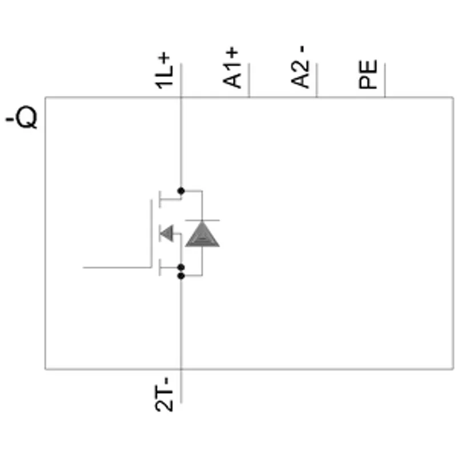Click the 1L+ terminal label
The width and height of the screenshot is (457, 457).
(x=164, y=70)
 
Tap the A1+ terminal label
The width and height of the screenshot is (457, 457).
(x=232, y=67)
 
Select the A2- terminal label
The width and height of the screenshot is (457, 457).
(x=300, y=66)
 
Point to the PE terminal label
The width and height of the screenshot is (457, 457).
(x=368, y=74)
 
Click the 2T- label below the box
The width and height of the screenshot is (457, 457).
(x=164, y=394)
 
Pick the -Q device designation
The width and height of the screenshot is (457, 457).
(x=22, y=117)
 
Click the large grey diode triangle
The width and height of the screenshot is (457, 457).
(x=202, y=234)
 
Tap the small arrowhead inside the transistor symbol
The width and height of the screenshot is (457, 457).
(x=166, y=233)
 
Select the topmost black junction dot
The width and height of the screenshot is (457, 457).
(x=181, y=191)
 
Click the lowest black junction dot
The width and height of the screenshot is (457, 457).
(x=181, y=276)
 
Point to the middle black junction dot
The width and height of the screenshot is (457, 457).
(x=181, y=267)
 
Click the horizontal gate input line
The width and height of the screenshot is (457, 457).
(x=117, y=267)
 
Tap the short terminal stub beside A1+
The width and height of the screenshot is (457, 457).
(x=249, y=80)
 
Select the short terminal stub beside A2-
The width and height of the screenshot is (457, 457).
(x=317, y=80)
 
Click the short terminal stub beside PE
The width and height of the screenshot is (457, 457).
(x=384, y=80)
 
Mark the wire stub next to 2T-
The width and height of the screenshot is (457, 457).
(x=181, y=386)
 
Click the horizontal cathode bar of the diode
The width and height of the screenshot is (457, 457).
(x=202, y=221)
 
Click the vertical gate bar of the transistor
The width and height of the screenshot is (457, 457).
(x=151, y=233)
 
